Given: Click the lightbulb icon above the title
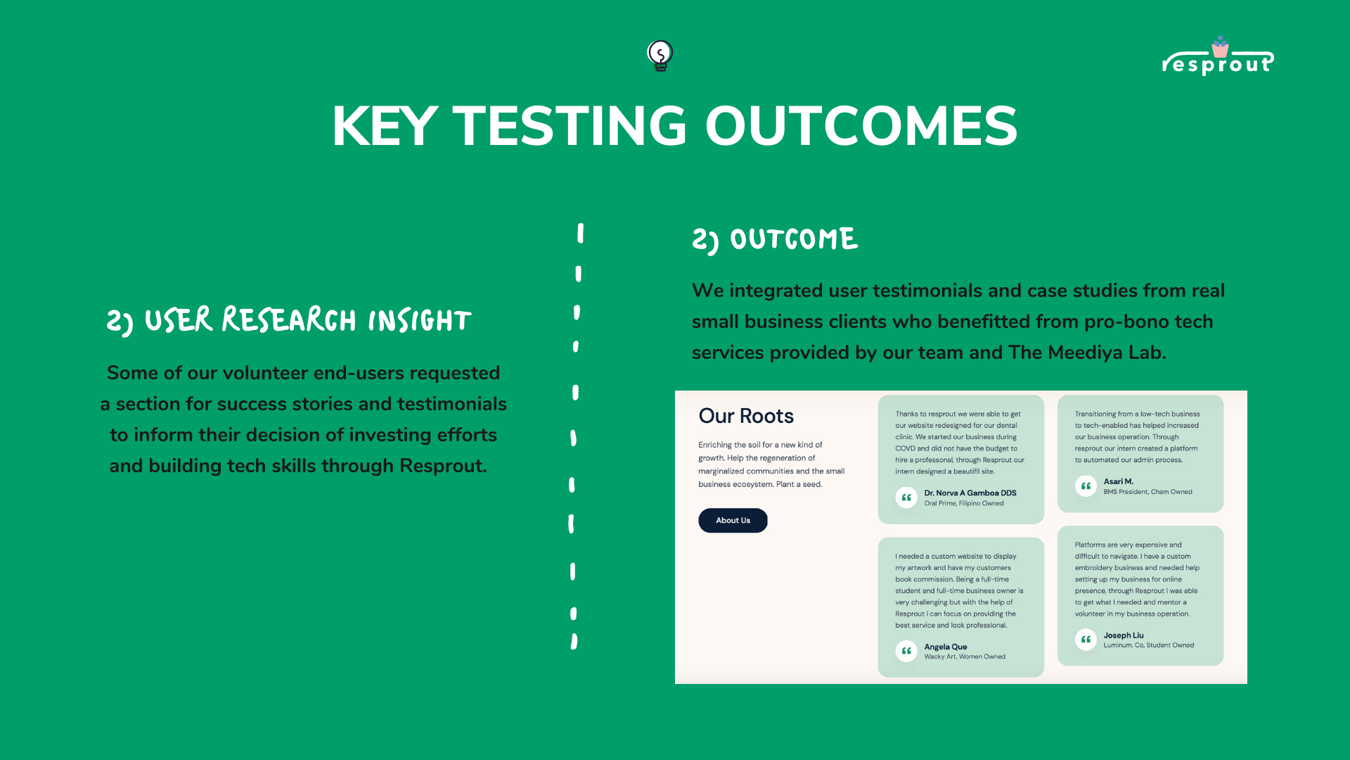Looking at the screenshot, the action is pyautogui.click(x=660, y=56).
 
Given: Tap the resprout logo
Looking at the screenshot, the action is pyautogui.click(x=1218, y=56).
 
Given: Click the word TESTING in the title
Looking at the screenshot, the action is pyautogui.click(x=570, y=126).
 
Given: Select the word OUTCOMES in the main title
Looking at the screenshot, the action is pyautogui.click(x=861, y=126).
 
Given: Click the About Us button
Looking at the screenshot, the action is pyautogui.click(x=733, y=521).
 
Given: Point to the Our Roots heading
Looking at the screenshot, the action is pyautogui.click(x=746, y=416).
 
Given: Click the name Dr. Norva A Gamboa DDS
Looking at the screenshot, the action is pyautogui.click(x=970, y=493).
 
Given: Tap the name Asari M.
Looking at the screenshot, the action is pyautogui.click(x=1118, y=481).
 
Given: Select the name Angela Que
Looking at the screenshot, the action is pyautogui.click(x=946, y=647).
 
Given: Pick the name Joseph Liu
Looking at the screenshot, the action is pyautogui.click(x=1124, y=635).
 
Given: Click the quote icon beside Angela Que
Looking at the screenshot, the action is pyautogui.click(x=906, y=651).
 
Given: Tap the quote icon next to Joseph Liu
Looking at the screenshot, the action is pyautogui.click(x=1086, y=640).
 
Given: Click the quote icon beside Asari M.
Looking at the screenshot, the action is pyautogui.click(x=1086, y=486).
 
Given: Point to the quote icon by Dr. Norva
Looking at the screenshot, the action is pyautogui.click(x=906, y=498).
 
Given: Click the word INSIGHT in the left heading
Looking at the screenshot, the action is pyautogui.click(x=420, y=321).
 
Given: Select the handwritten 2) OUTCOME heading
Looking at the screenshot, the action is pyautogui.click(x=775, y=239).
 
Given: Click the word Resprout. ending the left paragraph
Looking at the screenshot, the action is pyautogui.click(x=443, y=466).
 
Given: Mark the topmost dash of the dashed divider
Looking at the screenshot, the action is pyautogui.click(x=580, y=233).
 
